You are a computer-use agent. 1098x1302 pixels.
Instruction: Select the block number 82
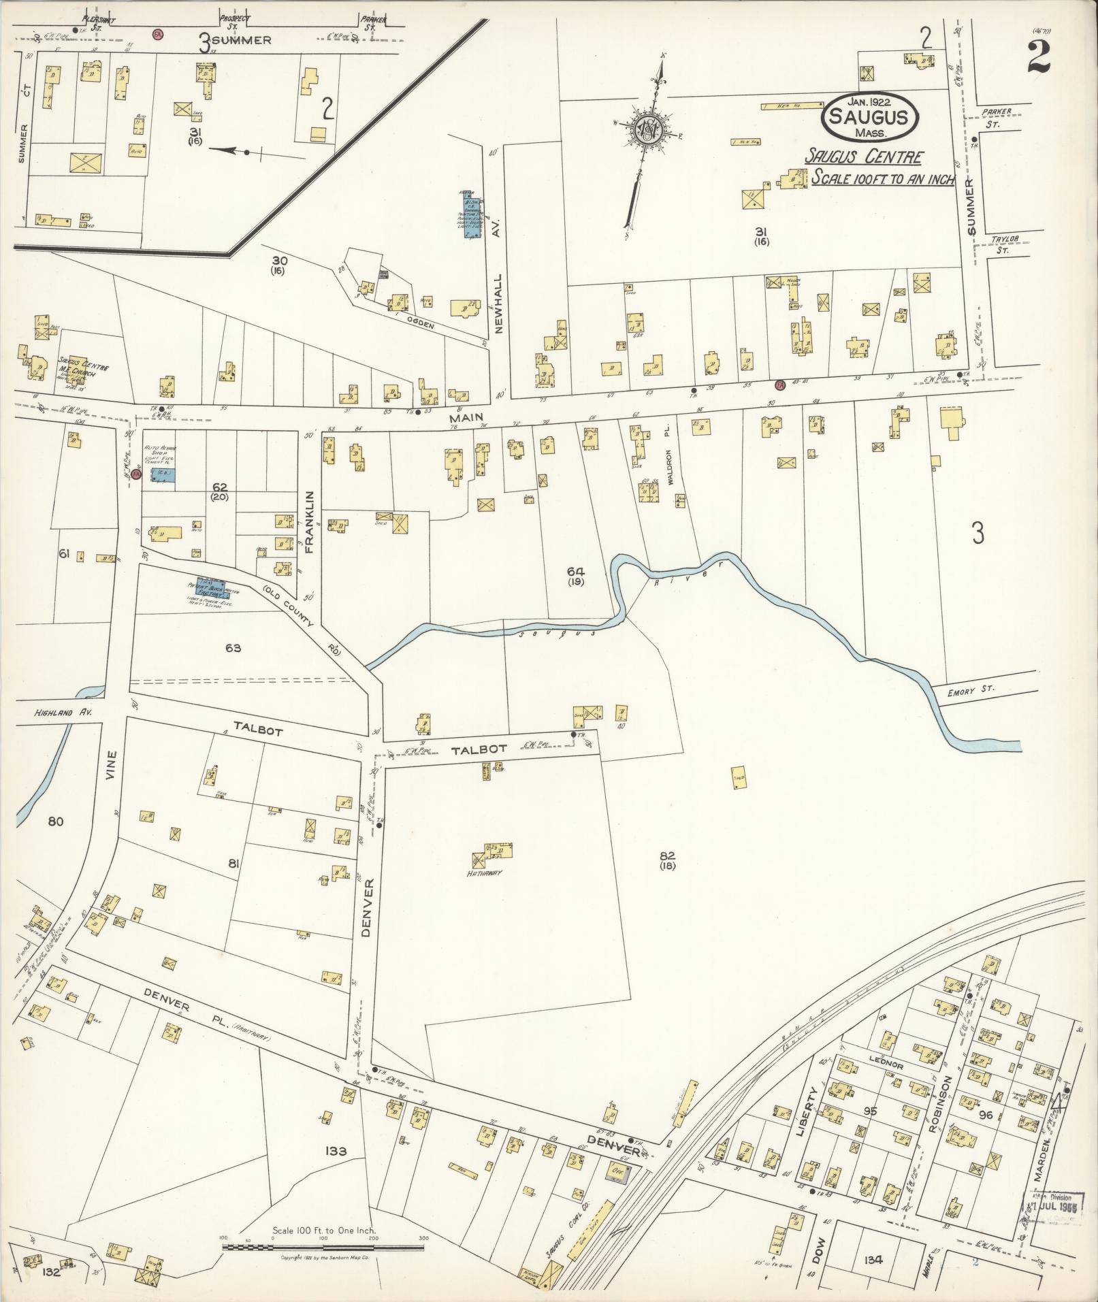[x=667, y=855]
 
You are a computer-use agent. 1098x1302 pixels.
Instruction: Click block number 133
[x=336, y=1151]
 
